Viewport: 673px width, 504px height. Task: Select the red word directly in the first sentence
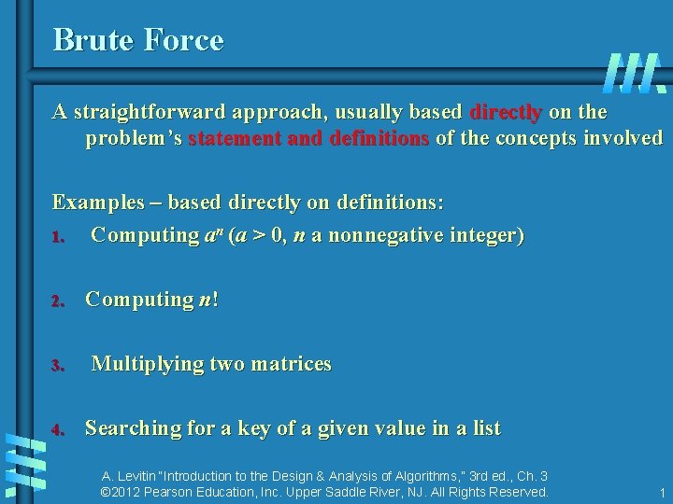[x=505, y=113]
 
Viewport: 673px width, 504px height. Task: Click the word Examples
[x=98, y=203]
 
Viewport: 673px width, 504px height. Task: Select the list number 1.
[x=57, y=236]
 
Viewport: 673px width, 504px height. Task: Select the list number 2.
[x=57, y=301]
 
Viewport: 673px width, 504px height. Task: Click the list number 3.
[x=57, y=365]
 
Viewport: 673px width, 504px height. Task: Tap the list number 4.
[x=57, y=430]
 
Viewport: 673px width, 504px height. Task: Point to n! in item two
[x=208, y=300]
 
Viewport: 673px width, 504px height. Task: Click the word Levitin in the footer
[x=137, y=475]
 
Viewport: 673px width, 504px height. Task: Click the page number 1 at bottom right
[x=661, y=493]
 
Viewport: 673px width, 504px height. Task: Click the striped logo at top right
[x=635, y=73]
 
